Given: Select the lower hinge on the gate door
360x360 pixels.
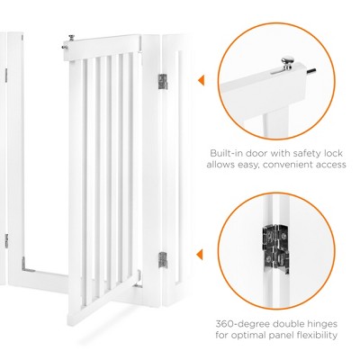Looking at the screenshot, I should [x=163, y=262].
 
